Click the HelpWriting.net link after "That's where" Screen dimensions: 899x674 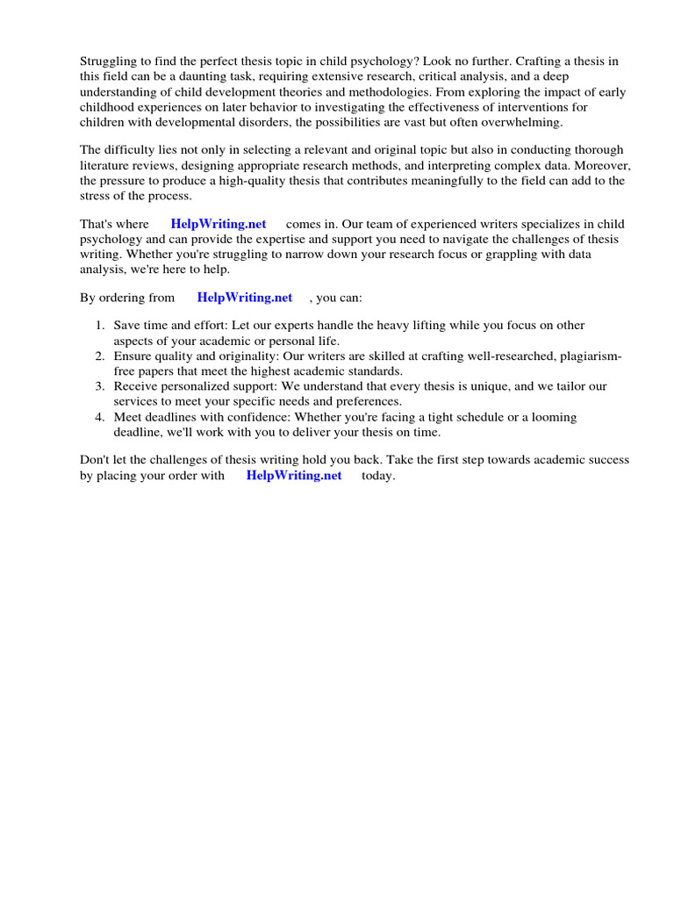[x=219, y=224]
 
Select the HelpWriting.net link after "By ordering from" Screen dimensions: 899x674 [x=245, y=298]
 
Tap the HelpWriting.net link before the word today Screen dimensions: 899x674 [x=294, y=476]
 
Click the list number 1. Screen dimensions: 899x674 [x=100, y=326]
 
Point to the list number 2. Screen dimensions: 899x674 [x=100, y=356]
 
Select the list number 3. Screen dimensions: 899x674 [x=100, y=386]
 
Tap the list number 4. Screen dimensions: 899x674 [x=100, y=417]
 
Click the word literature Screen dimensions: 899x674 [x=105, y=166]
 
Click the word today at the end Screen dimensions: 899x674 [x=378, y=476]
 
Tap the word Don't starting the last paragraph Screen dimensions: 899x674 [x=96, y=460]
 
